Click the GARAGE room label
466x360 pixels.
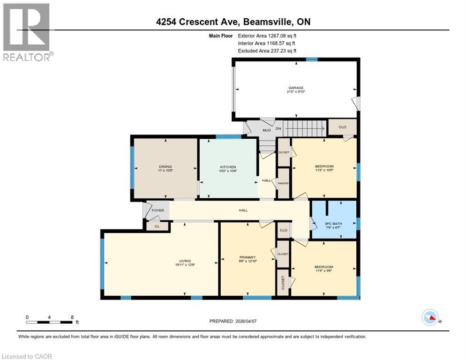tap(296, 88)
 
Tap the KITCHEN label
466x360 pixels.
tap(228, 167)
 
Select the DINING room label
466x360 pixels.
tap(165, 166)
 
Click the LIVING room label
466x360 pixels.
tap(185, 261)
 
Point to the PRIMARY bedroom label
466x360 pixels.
tap(247, 257)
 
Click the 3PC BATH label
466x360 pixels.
tap(334, 224)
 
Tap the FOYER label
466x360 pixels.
tap(158, 210)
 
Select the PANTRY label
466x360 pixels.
tap(283, 183)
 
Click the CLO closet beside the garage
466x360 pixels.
tap(342, 126)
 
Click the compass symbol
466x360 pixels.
tap(430, 318)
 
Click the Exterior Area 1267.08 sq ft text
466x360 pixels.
tap(267, 35)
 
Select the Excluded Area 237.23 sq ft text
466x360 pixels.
tap(267, 51)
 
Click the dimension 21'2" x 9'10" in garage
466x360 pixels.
tap(296, 92)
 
